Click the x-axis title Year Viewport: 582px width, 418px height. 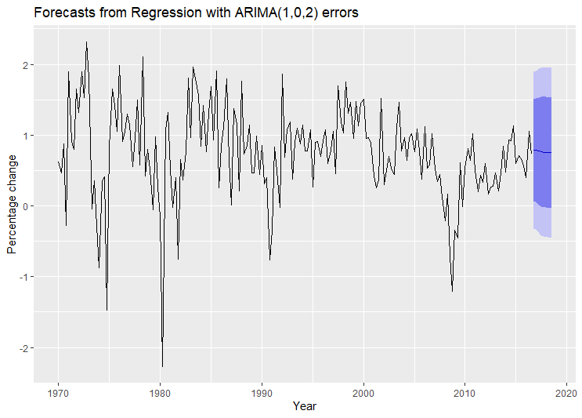[x=305, y=406]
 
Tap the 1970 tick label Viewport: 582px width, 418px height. [x=58, y=392]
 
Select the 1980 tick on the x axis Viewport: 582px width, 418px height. [x=160, y=392]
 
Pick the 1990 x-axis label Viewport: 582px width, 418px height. [x=262, y=392]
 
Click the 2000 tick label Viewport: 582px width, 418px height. [x=363, y=392]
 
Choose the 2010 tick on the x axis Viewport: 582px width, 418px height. [x=465, y=392]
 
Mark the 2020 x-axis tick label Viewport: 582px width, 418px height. [x=566, y=392]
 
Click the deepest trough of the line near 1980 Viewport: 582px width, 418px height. [x=163, y=366]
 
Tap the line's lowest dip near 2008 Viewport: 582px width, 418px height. [x=452, y=292]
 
